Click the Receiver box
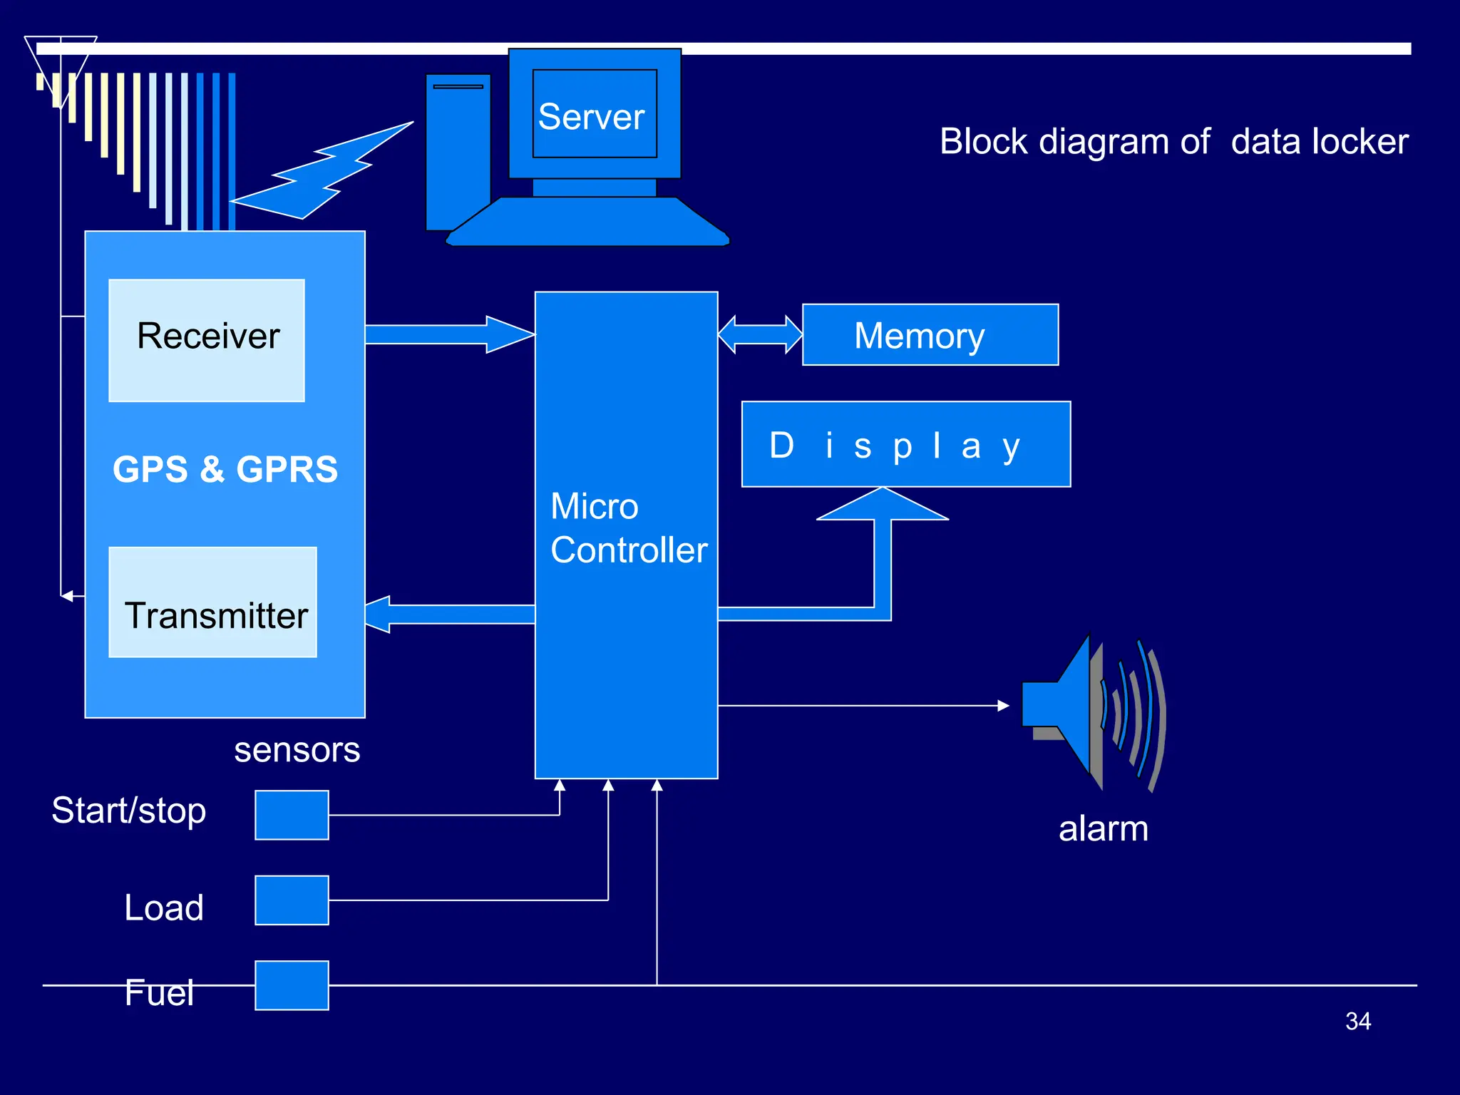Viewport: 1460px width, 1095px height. tap(207, 340)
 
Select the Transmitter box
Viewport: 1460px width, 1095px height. tap(212, 602)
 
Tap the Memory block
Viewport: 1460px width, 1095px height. tap(930, 335)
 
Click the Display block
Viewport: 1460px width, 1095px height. tap(905, 444)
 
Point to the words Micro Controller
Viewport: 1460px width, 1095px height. tap(628, 528)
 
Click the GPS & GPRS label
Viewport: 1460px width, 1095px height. tap(225, 469)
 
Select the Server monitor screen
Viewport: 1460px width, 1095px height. tap(595, 114)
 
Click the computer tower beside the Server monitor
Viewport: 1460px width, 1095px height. tap(458, 150)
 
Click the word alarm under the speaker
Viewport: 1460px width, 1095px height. tap(1103, 828)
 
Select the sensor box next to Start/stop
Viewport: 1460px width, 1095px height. tap(292, 815)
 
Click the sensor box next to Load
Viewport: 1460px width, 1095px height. tap(292, 900)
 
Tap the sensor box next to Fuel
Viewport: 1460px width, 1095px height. tap(292, 985)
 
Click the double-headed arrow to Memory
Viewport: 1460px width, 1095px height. tap(760, 334)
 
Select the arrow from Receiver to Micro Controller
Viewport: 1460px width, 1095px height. tap(449, 334)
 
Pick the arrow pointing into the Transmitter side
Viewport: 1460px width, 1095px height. tap(449, 614)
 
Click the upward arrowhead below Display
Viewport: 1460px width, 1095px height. tap(883, 505)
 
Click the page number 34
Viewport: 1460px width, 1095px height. tap(1357, 1021)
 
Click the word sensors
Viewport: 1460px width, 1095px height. tap(297, 750)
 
